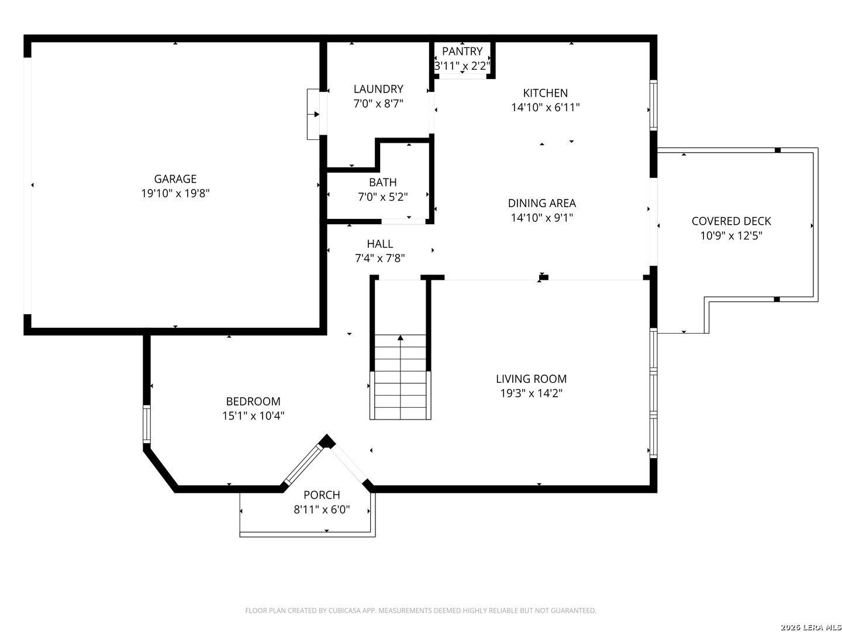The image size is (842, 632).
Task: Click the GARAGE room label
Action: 175,179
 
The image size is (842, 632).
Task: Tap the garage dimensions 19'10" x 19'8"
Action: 175,193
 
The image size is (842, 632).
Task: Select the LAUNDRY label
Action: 378,89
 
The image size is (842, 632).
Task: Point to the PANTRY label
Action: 463,51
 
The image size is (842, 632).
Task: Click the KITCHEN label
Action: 545,93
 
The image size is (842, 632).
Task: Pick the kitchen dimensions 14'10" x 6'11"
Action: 545,108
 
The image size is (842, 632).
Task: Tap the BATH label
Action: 383,182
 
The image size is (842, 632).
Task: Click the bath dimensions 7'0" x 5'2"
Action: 383,197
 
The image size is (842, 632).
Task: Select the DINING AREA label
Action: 541,203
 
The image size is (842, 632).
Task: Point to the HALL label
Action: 379,243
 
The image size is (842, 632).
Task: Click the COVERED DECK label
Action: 731,221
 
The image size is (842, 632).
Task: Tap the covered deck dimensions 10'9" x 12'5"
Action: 731,236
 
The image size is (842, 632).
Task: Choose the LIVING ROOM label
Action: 532,379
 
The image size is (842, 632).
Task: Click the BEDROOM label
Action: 253,401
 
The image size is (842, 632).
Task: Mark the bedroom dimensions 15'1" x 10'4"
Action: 253,416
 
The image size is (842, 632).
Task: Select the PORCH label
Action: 322,495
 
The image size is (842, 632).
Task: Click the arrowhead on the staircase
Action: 401,338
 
